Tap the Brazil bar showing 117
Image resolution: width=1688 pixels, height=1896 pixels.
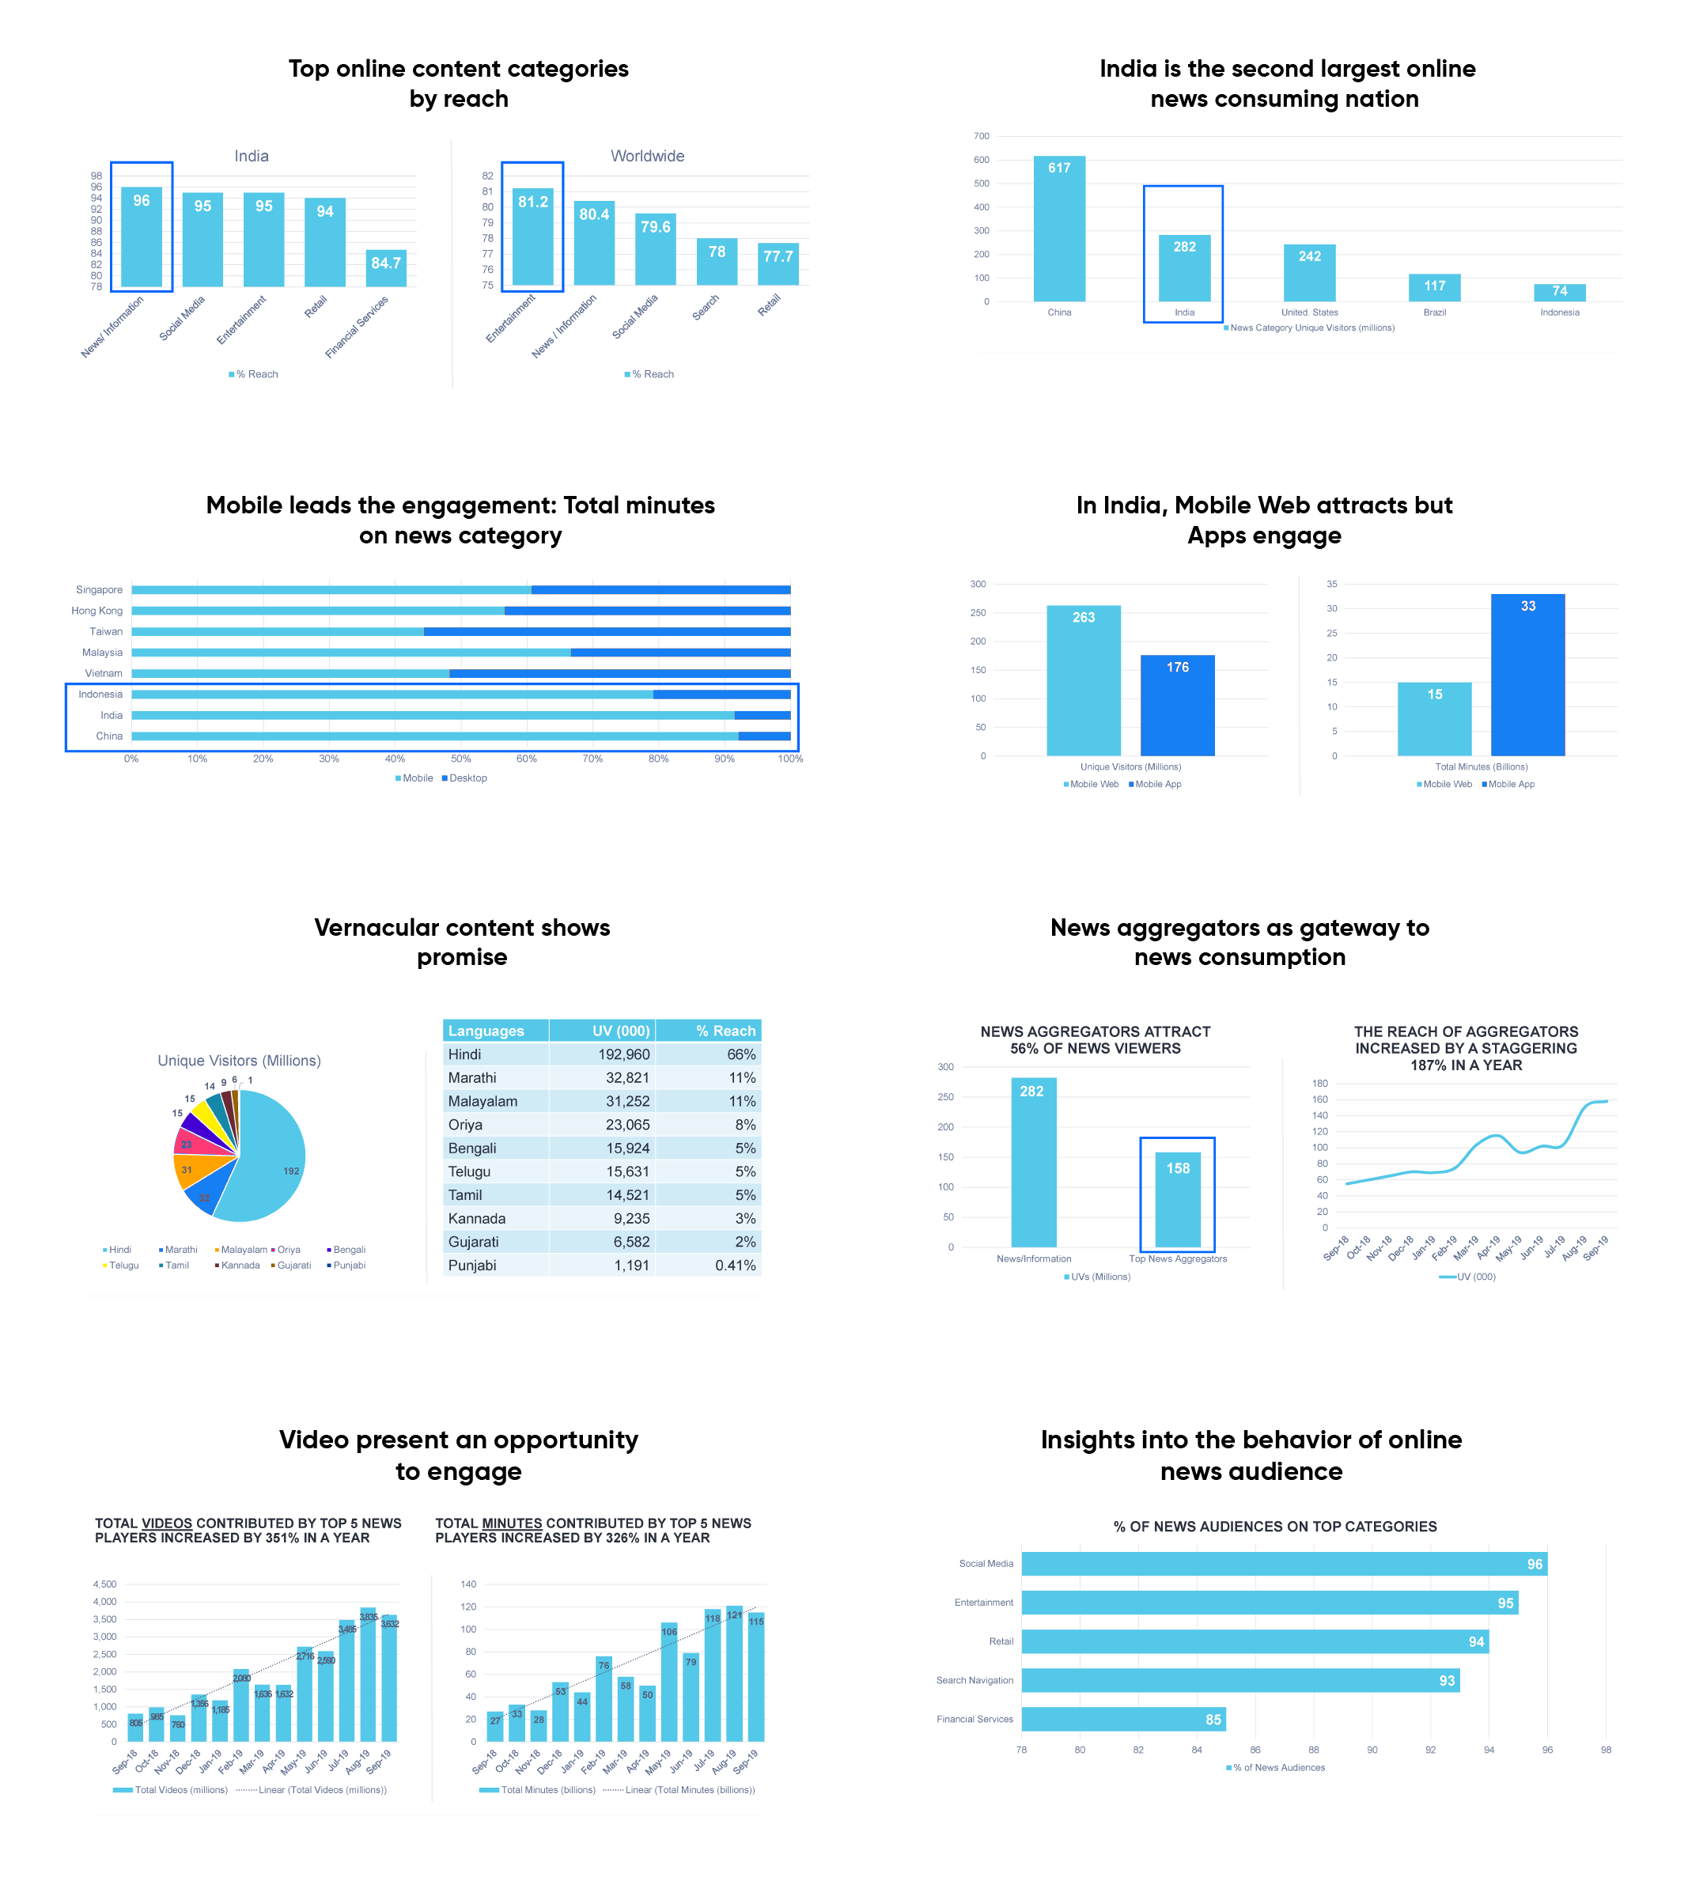(x=1434, y=288)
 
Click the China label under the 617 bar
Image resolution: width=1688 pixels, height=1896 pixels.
(x=1059, y=312)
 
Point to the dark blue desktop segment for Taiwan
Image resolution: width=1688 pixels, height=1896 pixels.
(x=607, y=632)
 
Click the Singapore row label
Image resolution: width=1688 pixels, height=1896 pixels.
(x=99, y=590)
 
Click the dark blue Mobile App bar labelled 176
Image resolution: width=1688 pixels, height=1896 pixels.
(x=1177, y=705)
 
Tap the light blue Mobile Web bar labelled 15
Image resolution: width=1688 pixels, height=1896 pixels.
(x=1434, y=719)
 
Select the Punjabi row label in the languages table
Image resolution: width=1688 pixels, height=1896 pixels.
(x=472, y=1266)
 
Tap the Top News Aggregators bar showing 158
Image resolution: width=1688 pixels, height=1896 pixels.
(x=1177, y=1199)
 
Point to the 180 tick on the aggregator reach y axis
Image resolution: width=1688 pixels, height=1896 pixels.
(x=1320, y=1084)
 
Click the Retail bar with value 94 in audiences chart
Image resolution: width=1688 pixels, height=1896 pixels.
(x=1254, y=1642)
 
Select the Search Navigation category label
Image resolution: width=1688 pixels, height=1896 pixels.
(x=974, y=1681)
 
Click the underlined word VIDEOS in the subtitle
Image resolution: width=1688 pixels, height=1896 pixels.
(x=167, y=1523)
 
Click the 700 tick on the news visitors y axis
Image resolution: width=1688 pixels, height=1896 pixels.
(x=982, y=136)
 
